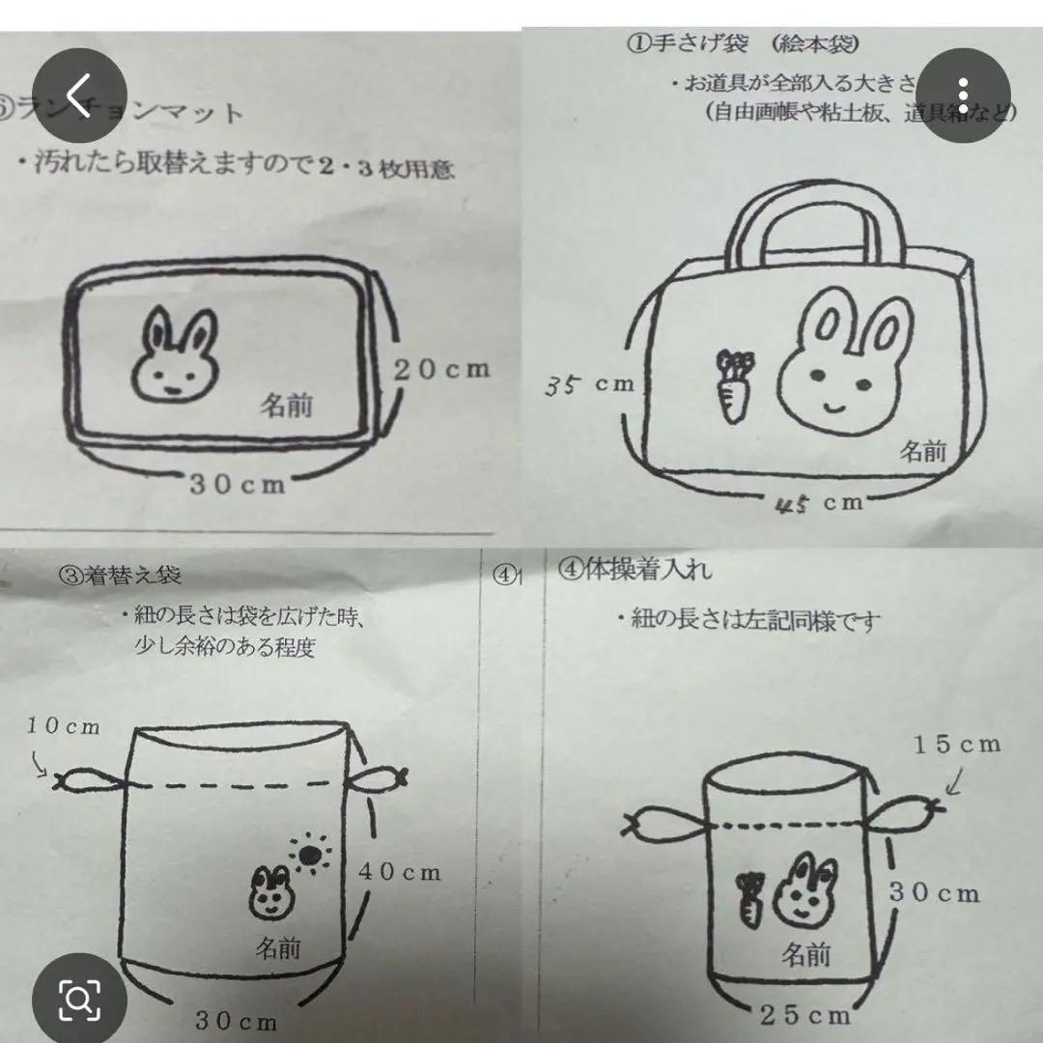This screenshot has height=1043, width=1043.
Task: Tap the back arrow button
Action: coord(79,97)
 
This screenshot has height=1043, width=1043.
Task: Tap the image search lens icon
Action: coord(79,995)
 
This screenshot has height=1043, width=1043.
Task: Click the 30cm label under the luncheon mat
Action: coord(238,484)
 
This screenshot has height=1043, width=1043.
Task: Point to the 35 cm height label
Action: coord(588,385)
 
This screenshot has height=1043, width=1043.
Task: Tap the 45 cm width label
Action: coord(818,502)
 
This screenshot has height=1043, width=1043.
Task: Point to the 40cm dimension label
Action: coord(400,872)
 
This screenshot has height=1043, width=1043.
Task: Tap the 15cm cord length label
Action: coord(956,744)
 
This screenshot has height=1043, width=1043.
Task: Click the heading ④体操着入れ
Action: coord(635,570)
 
